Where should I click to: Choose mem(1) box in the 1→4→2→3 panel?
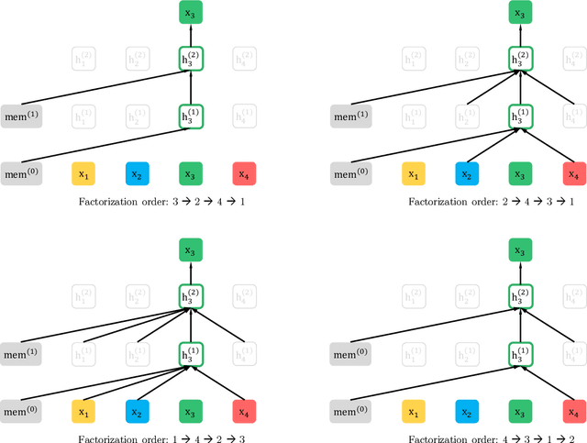21,350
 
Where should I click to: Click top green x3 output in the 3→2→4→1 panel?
192,14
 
